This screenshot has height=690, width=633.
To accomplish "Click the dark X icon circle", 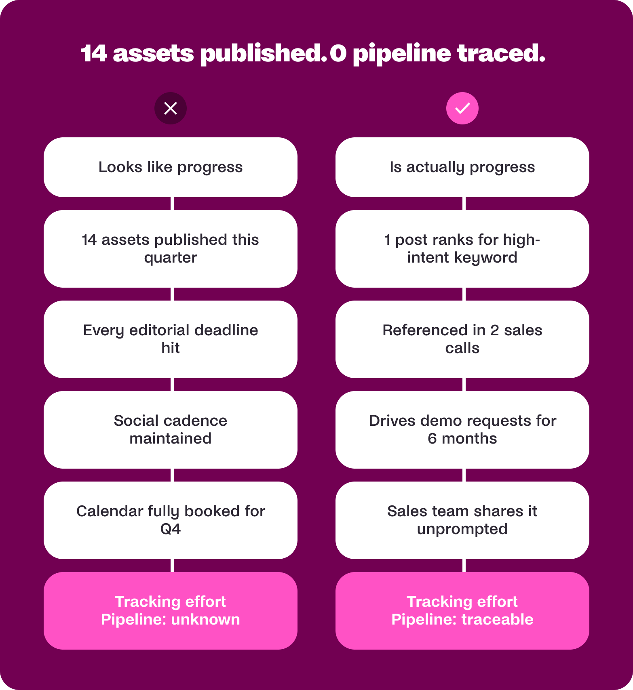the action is [x=171, y=108].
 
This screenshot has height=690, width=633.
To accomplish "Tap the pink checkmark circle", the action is [x=462, y=108].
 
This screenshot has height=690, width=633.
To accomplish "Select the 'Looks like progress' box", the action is [x=171, y=167].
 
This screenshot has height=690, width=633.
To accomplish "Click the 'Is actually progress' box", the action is [x=462, y=167].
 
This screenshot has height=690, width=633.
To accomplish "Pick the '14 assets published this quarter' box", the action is [x=171, y=249].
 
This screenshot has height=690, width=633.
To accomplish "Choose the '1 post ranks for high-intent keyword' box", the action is [x=462, y=249].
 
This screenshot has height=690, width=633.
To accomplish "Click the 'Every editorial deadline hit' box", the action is [x=171, y=339].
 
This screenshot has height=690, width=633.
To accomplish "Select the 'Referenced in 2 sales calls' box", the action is [x=462, y=339].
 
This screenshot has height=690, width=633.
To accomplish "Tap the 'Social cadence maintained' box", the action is [x=171, y=430].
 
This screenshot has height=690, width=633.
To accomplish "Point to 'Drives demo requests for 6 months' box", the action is [x=462, y=430].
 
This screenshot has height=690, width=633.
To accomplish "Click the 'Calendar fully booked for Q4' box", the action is [x=171, y=520].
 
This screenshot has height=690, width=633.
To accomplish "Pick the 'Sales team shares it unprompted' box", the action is [x=462, y=520].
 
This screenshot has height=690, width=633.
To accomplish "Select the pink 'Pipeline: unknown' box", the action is [x=171, y=611].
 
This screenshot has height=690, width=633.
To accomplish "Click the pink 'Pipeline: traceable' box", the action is [x=462, y=611].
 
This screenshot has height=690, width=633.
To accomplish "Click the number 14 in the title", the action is [x=94, y=53].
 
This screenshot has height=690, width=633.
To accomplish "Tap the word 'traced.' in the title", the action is [x=501, y=53].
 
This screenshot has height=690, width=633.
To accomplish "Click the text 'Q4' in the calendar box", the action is [x=171, y=529].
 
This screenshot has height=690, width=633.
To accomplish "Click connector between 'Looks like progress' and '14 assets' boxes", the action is [x=172, y=204].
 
